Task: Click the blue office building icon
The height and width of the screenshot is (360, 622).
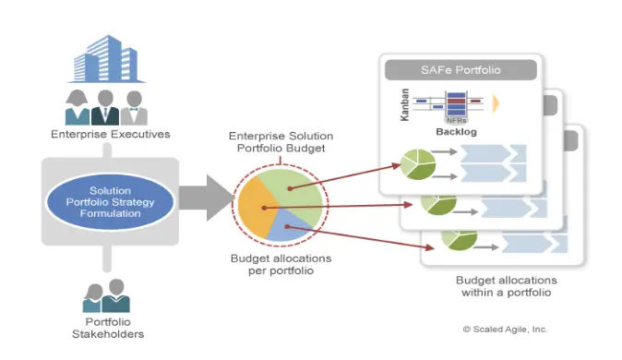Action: coord(106,59)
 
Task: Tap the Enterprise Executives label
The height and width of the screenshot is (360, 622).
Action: coord(110,134)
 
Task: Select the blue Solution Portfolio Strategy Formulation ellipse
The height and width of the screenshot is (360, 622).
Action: coord(110,201)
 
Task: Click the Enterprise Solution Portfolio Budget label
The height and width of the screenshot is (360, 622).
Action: coord(281,142)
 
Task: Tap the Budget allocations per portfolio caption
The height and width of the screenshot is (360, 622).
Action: coord(281,264)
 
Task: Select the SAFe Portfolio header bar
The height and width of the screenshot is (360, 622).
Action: coord(461,70)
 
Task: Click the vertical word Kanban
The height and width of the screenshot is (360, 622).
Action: coord(404,105)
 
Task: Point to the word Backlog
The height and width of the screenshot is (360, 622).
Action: coord(456,132)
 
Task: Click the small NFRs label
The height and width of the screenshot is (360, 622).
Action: coord(457,120)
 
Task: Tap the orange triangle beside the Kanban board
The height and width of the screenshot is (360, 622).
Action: coord(496,103)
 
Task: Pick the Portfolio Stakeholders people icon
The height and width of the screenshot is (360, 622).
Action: coord(106,295)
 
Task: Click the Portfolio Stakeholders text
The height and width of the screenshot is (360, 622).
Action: coord(108,328)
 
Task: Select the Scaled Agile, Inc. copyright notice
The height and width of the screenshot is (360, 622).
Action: coord(505,329)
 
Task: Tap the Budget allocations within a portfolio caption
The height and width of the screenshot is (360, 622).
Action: coord(506,286)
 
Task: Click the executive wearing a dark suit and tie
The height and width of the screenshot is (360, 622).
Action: coord(105,108)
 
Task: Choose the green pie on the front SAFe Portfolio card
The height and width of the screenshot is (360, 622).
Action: coord(417,164)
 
